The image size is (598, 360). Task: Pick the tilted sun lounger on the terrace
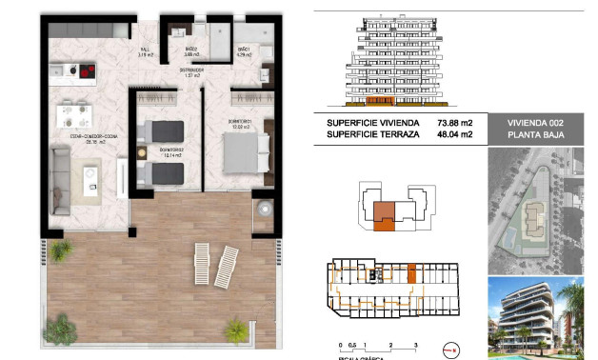(227, 266)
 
